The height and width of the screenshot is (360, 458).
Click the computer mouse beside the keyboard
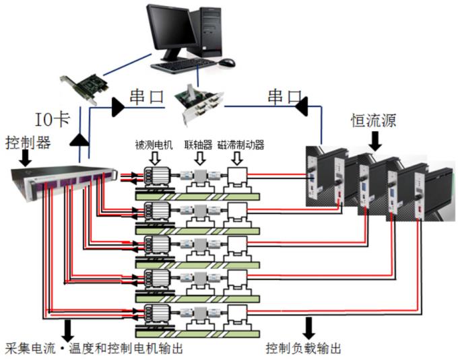228,63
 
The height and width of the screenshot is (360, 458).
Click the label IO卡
53,120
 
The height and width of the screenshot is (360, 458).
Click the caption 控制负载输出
303,349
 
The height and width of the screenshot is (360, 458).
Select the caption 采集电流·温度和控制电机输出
94,349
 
